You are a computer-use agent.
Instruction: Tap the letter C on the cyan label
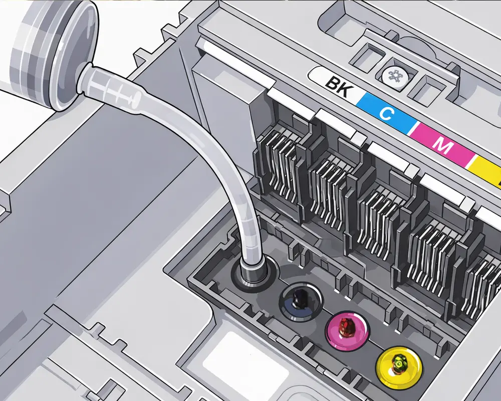pos(386,113)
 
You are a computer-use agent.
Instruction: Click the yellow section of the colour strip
pos(485,170)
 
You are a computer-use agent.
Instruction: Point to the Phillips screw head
pos(395,76)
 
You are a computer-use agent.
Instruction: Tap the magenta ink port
pos(347,330)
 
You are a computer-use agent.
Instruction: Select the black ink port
pos(300,301)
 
